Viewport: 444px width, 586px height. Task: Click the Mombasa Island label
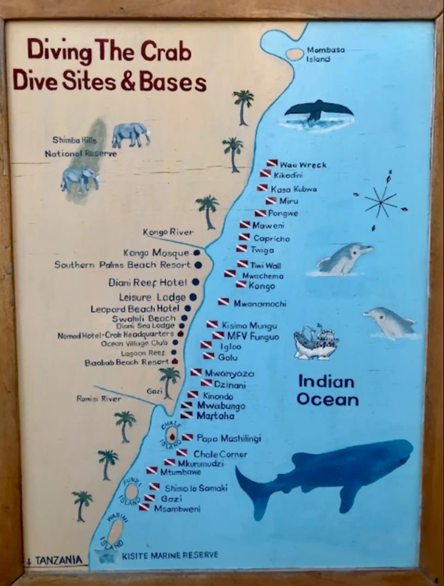pos(326,54)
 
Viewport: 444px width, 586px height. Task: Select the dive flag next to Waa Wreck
pos(272,163)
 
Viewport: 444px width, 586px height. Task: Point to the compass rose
pos(381,203)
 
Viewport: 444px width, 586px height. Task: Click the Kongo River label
pos(168,232)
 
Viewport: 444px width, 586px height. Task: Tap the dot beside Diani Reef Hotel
pos(195,282)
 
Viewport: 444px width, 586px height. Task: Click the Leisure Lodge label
pos(152,297)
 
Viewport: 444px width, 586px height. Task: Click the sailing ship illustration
pos(315,342)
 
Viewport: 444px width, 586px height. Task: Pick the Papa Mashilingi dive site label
pos(229,438)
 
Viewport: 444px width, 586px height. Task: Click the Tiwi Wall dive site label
pos(266,265)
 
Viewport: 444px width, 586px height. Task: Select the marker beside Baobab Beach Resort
pos(174,361)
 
